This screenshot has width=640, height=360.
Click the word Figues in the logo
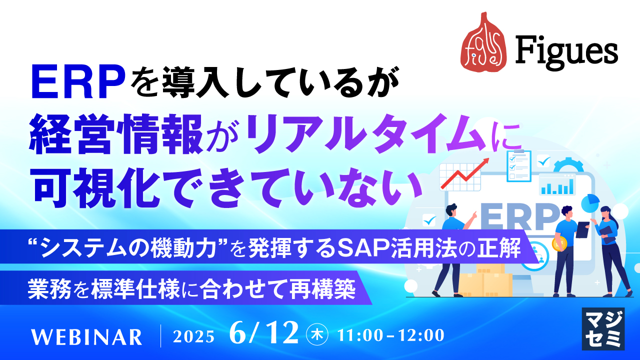coord(566,50)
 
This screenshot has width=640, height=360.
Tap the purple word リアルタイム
coord(368,135)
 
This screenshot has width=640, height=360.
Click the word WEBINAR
coord(86,336)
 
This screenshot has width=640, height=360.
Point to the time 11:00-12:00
coord(391,334)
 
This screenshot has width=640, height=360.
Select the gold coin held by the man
coord(558,244)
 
